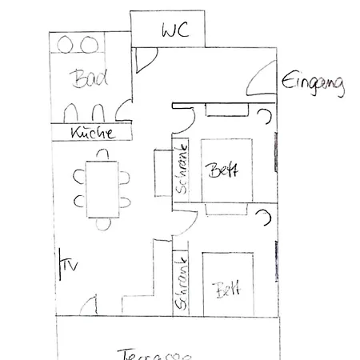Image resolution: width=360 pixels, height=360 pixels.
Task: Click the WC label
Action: click(x=174, y=31)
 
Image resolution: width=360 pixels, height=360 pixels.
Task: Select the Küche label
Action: click(x=90, y=133)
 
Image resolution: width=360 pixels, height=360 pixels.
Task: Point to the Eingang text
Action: click(x=313, y=83)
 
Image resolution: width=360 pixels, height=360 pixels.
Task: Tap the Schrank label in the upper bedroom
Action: click(x=182, y=170)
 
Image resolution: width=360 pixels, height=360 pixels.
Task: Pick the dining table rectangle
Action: click(x=101, y=188)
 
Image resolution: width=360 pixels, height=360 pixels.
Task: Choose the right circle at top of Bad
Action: click(x=83, y=43)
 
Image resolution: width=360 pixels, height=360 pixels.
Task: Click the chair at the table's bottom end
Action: click(x=101, y=223)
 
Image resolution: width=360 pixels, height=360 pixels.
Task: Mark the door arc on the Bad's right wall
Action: click(x=122, y=110)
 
